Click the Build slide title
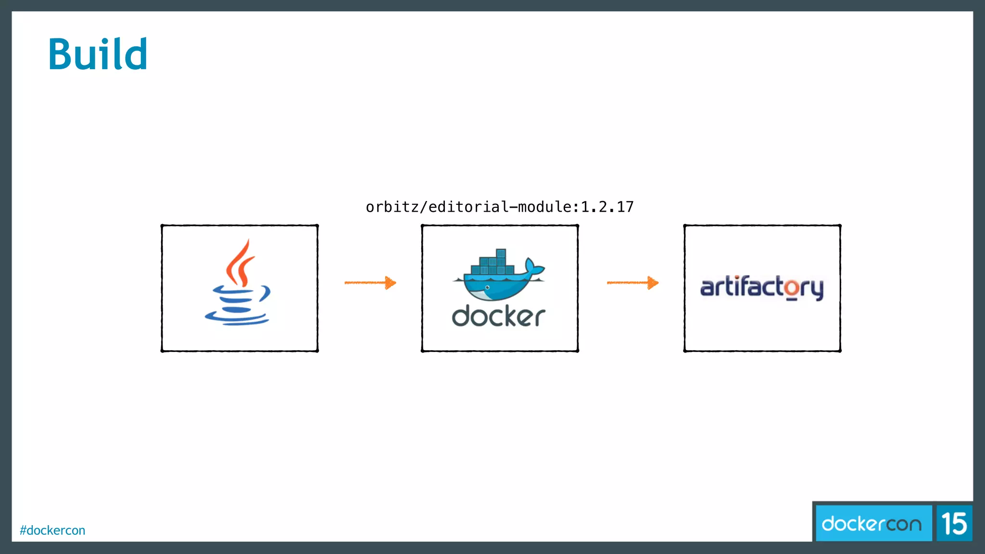[x=98, y=54]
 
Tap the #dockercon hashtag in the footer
[x=52, y=530]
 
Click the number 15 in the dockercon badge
[x=954, y=523]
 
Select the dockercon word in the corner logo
[x=871, y=523]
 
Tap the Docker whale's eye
[x=487, y=287]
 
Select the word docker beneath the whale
[x=498, y=316]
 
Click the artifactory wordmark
[x=762, y=288]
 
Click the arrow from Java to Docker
[x=370, y=283]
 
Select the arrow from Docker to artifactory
[x=632, y=283]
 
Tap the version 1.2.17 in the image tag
[x=607, y=207]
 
